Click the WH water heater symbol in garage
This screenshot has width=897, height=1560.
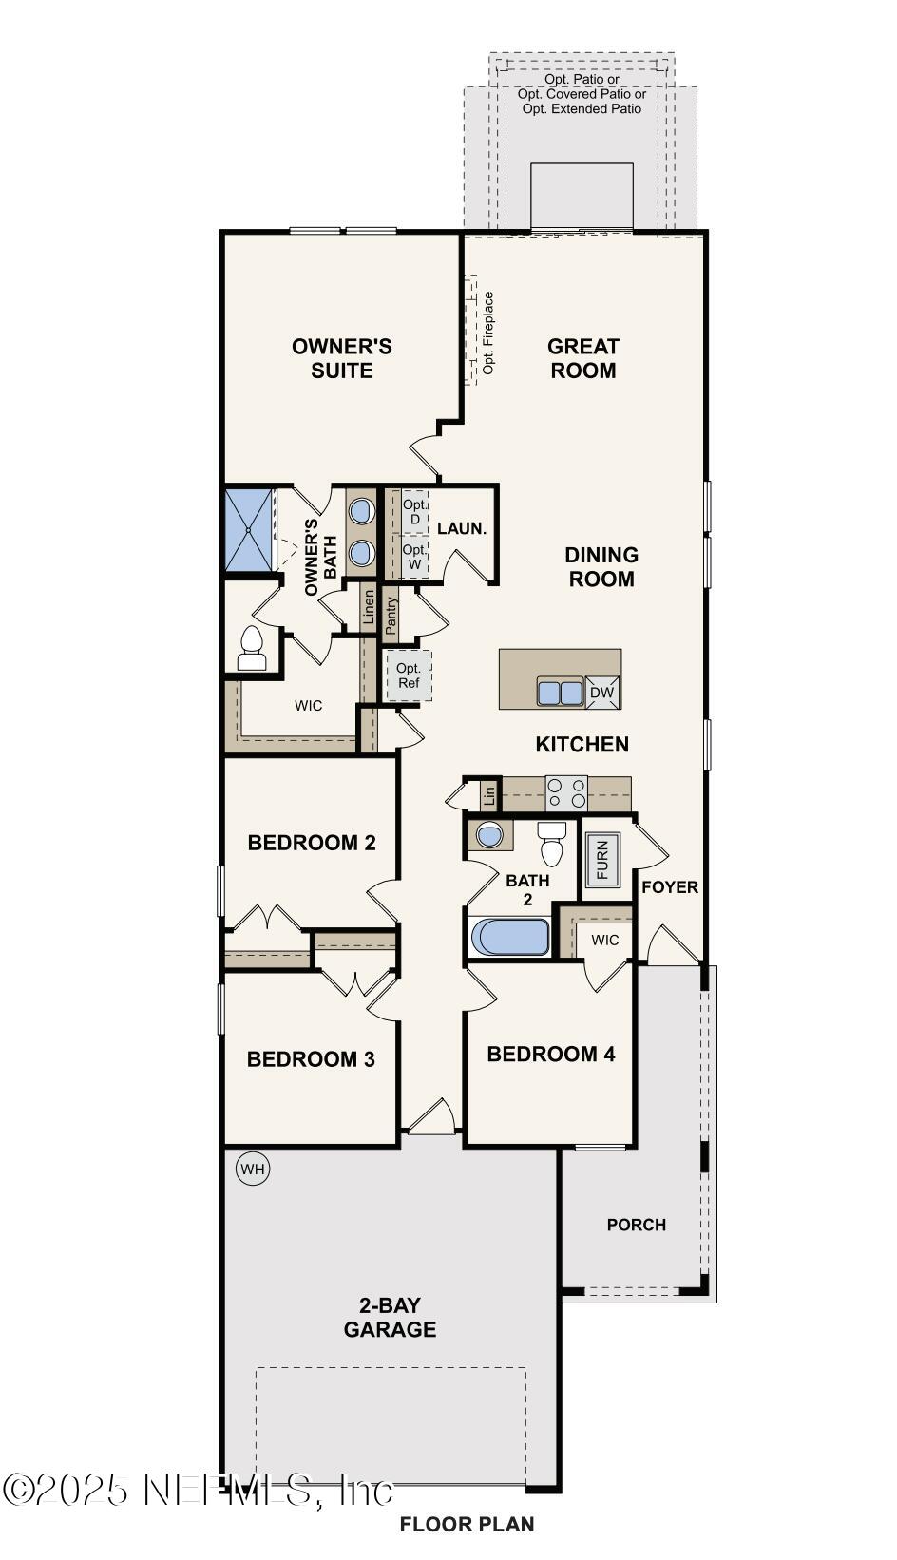pos(252,1169)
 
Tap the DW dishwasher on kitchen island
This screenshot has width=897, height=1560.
pos(602,693)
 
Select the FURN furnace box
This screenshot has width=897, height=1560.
pos(602,860)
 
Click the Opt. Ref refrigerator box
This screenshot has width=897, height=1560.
pos(408,675)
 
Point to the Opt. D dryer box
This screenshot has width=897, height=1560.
pos(414,512)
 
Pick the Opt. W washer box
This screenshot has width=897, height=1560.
pos(414,557)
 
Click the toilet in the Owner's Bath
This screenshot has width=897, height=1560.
pos(252,648)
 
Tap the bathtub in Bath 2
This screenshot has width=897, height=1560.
pos(510,937)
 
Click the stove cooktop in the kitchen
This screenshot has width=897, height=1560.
pos(566,793)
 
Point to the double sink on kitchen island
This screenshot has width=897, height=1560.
pos(560,693)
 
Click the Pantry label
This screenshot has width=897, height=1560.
pos(391,615)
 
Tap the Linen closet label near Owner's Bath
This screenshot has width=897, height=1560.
pos(369,610)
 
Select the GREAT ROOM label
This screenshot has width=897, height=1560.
pos(583,358)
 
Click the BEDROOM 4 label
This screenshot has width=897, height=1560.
pos(550,1054)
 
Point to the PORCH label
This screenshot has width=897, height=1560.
pos(636,1225)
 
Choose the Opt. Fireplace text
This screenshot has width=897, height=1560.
pos(488,333)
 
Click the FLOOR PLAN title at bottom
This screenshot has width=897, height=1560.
pos(467,1524)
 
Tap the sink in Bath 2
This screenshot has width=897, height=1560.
pos(489,835)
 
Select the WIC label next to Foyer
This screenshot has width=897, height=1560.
pos(604,940)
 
